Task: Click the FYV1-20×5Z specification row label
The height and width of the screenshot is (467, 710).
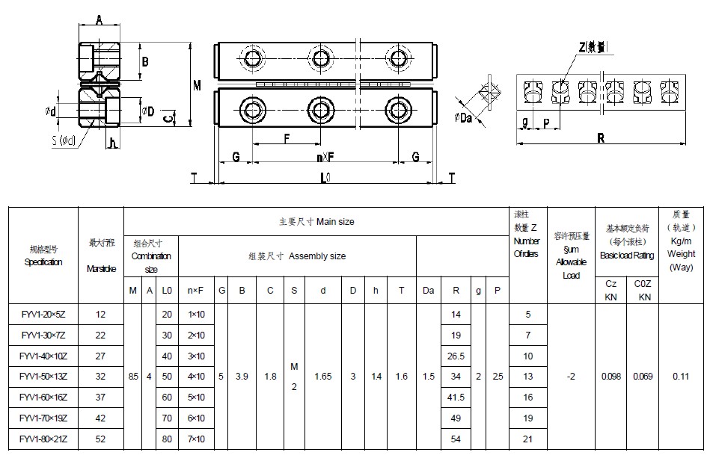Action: tap(42, 315)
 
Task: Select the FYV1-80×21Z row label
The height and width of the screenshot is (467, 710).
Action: tap(42, 439)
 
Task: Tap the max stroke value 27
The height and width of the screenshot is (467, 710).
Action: tap(101, 356)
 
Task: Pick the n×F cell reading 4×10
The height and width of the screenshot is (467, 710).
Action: tap(196, 377)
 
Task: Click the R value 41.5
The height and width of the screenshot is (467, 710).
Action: tap(456, 398)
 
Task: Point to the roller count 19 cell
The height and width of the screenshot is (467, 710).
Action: tap(528, 418)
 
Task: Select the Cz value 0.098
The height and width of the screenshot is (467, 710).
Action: tap(610, 377)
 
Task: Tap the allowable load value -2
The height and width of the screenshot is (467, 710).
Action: tap(571, 377)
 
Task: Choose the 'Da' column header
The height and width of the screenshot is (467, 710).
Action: tap(428, 290)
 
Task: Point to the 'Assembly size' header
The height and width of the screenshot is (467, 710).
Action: tap(297, 256)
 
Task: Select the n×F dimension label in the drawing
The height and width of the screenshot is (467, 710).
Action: tap(325, 158)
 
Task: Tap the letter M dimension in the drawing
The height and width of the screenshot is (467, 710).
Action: tap(197, 86)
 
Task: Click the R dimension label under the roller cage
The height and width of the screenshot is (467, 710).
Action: tap(600, 137)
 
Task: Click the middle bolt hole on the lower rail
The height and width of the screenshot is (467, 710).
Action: tap(322, 110)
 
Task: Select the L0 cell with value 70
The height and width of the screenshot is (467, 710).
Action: tap(167, 418)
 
